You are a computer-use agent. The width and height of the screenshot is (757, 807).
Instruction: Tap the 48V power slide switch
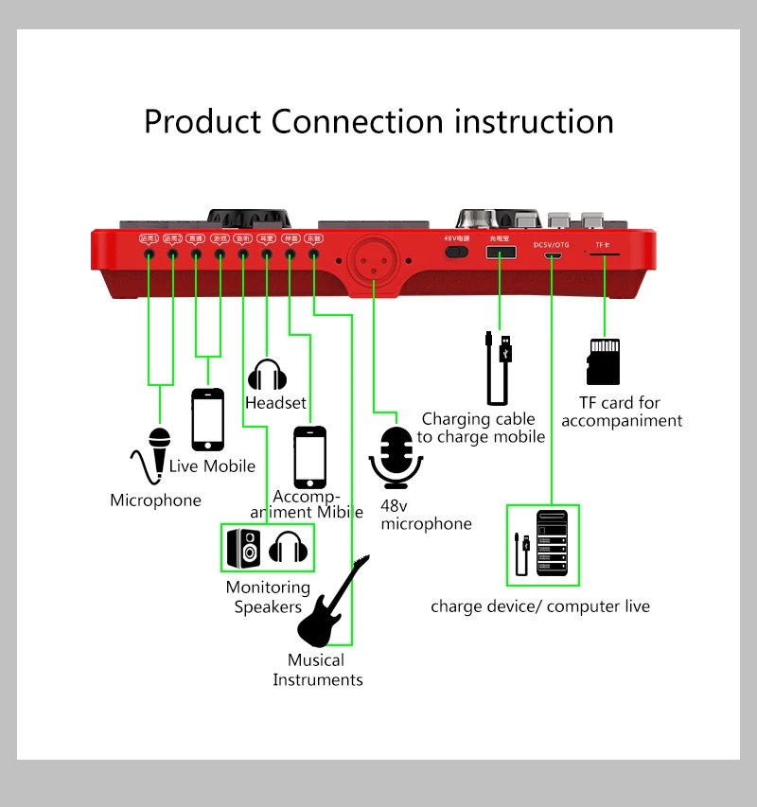457,253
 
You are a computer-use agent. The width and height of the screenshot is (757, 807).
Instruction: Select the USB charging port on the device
499,254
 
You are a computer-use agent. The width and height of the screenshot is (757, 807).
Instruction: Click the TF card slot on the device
604,254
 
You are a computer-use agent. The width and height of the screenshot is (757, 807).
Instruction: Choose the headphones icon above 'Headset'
267,376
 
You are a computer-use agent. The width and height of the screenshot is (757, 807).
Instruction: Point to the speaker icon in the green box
243,548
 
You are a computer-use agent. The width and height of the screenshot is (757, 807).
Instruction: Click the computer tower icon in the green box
552,545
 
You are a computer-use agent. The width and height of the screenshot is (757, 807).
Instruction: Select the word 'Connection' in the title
357,122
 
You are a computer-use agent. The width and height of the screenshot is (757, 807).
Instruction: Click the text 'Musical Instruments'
317,670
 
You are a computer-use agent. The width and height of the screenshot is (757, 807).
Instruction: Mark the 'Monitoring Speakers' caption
268,597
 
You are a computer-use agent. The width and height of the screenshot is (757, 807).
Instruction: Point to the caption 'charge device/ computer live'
539,606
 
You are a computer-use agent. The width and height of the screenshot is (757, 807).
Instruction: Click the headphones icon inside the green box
288,547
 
